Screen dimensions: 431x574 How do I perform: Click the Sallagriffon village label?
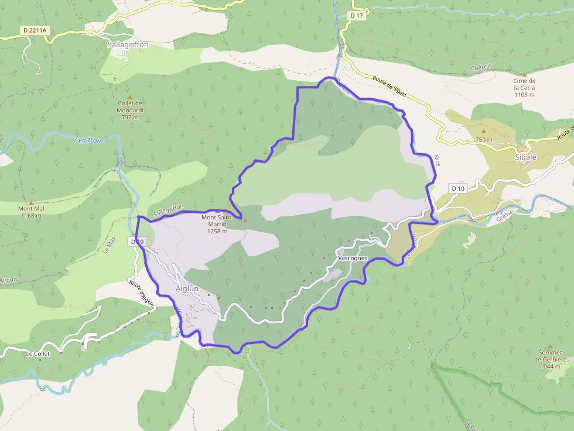coord(128,44)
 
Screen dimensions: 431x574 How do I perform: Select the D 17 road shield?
coord(356,16)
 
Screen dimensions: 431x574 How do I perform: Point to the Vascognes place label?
coord(353,257)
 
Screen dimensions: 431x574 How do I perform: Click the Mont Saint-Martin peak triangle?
coord(245,220)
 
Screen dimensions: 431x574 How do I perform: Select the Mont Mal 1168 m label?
coord(30,212)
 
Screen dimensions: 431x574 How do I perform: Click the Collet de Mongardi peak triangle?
coord(130,97)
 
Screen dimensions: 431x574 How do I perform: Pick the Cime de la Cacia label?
coord(524,88)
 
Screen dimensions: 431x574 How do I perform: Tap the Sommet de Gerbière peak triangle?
coord(549,346)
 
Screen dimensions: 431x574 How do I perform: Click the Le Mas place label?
coord(107,244)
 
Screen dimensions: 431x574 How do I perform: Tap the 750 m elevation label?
coord(484,140)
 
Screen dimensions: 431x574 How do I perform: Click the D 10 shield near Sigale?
coord(458,188)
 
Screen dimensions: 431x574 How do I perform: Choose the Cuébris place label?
coord(481,68)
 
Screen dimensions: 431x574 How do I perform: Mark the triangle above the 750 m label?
coord(484,131)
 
